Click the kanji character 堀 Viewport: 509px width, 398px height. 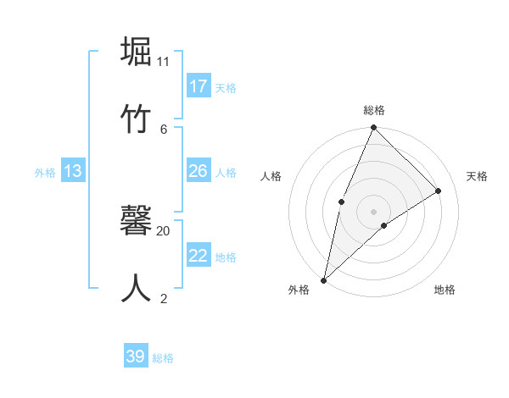tap(137, 52)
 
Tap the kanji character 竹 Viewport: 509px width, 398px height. tap(137, 118)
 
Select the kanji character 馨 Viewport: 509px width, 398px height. tap(137, 219)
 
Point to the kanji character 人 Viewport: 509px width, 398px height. tap(137, 287)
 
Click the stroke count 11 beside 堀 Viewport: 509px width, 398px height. tap(164, 62)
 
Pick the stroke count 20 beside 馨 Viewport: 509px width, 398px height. tap(164, 230)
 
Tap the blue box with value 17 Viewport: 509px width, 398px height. tap(199, 86)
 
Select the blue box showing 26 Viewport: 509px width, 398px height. tap(199, 171)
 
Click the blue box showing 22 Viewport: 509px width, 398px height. tap(199, 256)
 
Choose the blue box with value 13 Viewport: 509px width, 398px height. tap(73, 171)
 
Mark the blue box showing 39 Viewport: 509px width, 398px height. tap(136, 357)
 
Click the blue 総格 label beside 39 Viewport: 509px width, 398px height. tap(164, 358)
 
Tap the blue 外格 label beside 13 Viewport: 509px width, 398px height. tap(45, 173)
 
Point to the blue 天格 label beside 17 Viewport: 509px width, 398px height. tap(226, 87)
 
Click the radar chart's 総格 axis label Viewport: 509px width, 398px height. tap(374, 110)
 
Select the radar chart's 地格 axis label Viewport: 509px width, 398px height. tap(445, 290)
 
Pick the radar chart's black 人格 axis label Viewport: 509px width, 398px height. tap(271, 176)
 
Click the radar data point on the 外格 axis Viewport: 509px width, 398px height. tap(323, 279)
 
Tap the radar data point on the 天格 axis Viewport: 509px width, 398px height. tap(439, 191)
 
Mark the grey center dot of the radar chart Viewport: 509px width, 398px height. tap(373, 211)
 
